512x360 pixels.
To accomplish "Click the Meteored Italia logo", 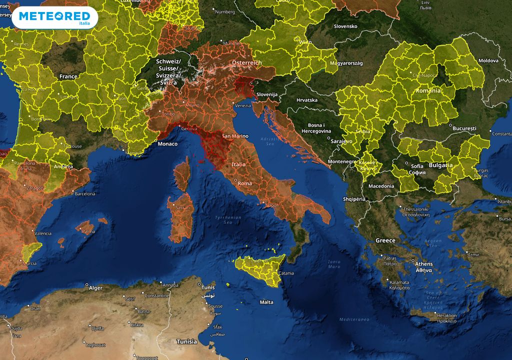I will click(55, 18).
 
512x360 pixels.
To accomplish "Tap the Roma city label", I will click(245, 183).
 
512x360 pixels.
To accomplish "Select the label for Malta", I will click(266, 302).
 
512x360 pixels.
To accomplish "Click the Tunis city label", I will click(207, 287).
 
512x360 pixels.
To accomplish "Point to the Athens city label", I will click(423, 263).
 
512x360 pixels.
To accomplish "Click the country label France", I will click(68, 76).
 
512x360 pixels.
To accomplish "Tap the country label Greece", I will click(385, 240).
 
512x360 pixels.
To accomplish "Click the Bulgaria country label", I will click(440, 165).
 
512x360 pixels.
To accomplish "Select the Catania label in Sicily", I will click(286, 273).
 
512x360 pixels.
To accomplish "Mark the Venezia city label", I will click(243, 105).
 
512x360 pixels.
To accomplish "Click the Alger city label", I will click(95, 288).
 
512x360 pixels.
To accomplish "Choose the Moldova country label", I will click(488, 60).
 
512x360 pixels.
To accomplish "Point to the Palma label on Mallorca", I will click(88, 231).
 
